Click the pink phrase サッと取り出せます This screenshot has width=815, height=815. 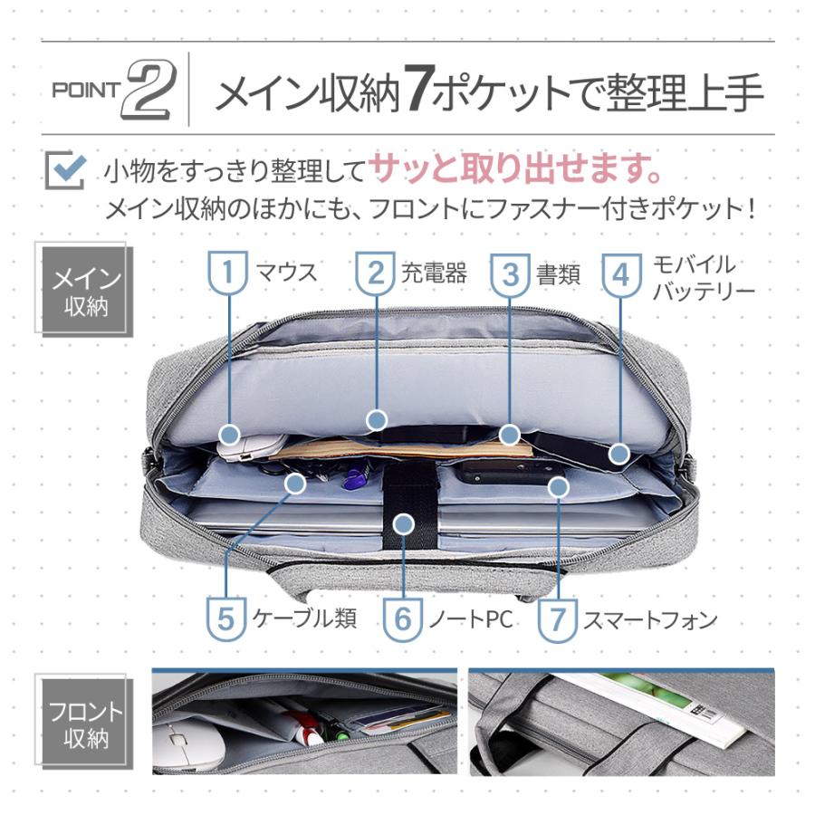click(x=513, y=168)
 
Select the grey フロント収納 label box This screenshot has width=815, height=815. click(x=86, y=724)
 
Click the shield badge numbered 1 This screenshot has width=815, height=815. click(x=229, y=272)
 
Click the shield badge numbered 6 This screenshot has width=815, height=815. click(x=403, y=619)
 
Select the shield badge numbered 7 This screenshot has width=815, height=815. click(x=558, y=619)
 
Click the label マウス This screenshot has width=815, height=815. click(x=287, y=271)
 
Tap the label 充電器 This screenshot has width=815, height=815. click(x=434, y=272)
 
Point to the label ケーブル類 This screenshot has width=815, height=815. click(x=304, y=618)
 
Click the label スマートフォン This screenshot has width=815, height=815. click(x=649, y=619)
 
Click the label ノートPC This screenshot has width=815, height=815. click(x=470, y=619)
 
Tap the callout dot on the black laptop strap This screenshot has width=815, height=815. click(x=405, y=523)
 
